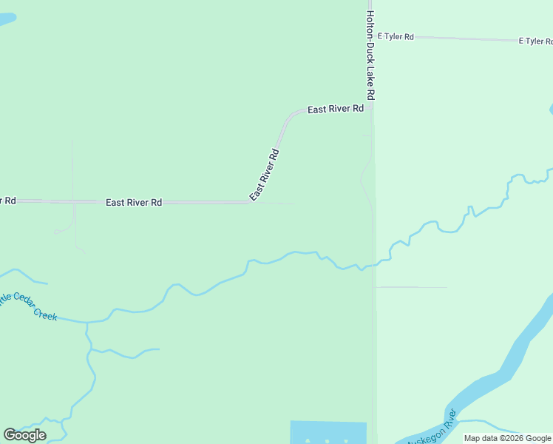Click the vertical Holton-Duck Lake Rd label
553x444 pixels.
371,55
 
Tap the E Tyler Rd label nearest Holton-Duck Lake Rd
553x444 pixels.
396,36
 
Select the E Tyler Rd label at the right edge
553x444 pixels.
536,41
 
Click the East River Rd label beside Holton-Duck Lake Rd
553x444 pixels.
336,109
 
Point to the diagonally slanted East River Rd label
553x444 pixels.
264,175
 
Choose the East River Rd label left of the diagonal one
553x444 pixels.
134,202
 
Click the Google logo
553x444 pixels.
24,434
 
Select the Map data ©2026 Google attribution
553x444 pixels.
507,438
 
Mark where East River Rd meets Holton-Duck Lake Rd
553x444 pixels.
371,108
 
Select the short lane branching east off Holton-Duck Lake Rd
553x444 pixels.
411,287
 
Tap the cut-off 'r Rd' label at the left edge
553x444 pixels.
7,201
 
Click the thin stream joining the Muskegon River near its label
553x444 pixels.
488,428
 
